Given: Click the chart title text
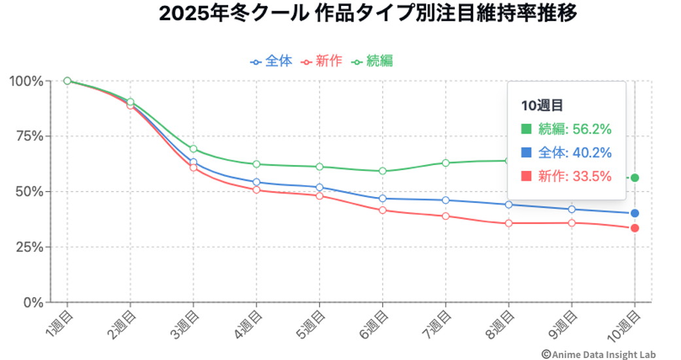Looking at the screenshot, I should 368,14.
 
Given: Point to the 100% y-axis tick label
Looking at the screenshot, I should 26,81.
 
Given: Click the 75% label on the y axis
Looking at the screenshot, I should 29,136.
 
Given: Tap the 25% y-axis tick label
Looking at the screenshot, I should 29,247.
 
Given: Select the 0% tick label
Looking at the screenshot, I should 33,302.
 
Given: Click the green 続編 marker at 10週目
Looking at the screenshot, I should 635,178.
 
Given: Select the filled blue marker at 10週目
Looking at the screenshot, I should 635,213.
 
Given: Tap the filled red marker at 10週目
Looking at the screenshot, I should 635,228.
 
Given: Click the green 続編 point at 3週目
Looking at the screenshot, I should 193,149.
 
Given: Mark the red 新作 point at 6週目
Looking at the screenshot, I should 383,210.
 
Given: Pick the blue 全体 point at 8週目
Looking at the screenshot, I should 508,204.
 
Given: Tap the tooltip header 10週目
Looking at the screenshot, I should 542,105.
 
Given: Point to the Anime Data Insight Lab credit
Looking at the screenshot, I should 597,354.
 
